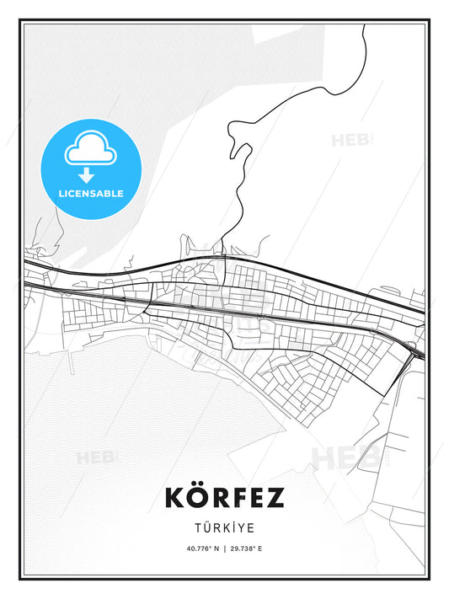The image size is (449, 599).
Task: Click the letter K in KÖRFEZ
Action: (175, 498)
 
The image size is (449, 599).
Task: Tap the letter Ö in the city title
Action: (197, 498)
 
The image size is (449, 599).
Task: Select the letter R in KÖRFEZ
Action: (218, 498)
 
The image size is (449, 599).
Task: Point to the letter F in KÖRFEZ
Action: (238, 498)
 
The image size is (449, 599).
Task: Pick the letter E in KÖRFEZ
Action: (255, 498)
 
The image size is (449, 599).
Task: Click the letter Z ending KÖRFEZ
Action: (275, 498)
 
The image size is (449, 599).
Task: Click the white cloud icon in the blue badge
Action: (89, 150)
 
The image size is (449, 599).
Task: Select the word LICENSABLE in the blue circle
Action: (90, 194)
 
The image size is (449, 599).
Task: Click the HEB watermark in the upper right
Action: (351, 140)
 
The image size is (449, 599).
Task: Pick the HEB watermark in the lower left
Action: (97, 458)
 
